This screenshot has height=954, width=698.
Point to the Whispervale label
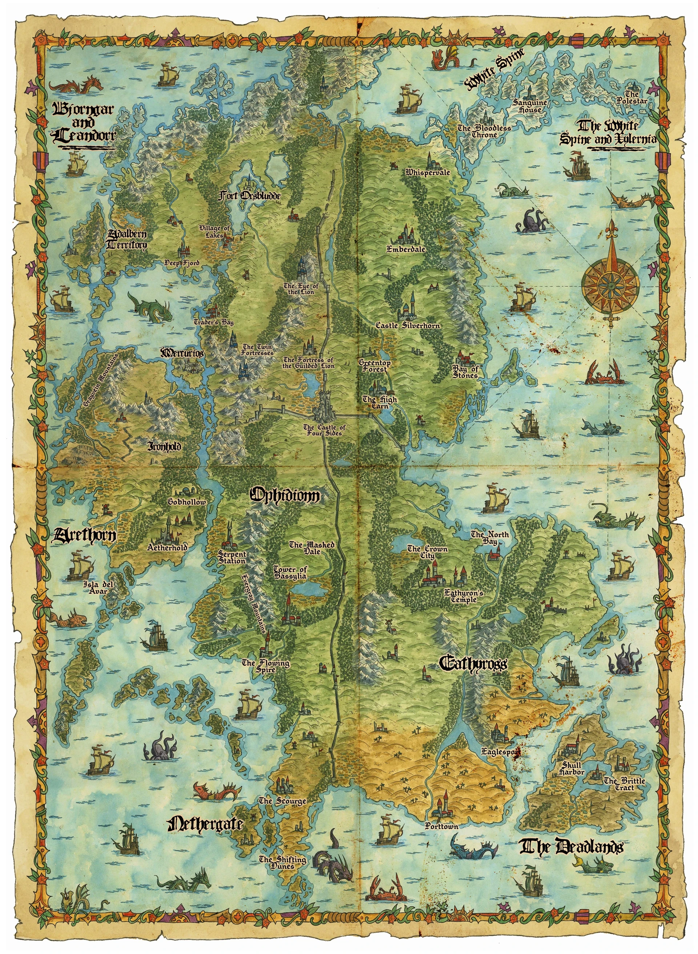[428, 172]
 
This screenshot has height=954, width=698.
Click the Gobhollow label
[187, 502]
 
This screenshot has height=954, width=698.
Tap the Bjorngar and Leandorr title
[83, 123]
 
